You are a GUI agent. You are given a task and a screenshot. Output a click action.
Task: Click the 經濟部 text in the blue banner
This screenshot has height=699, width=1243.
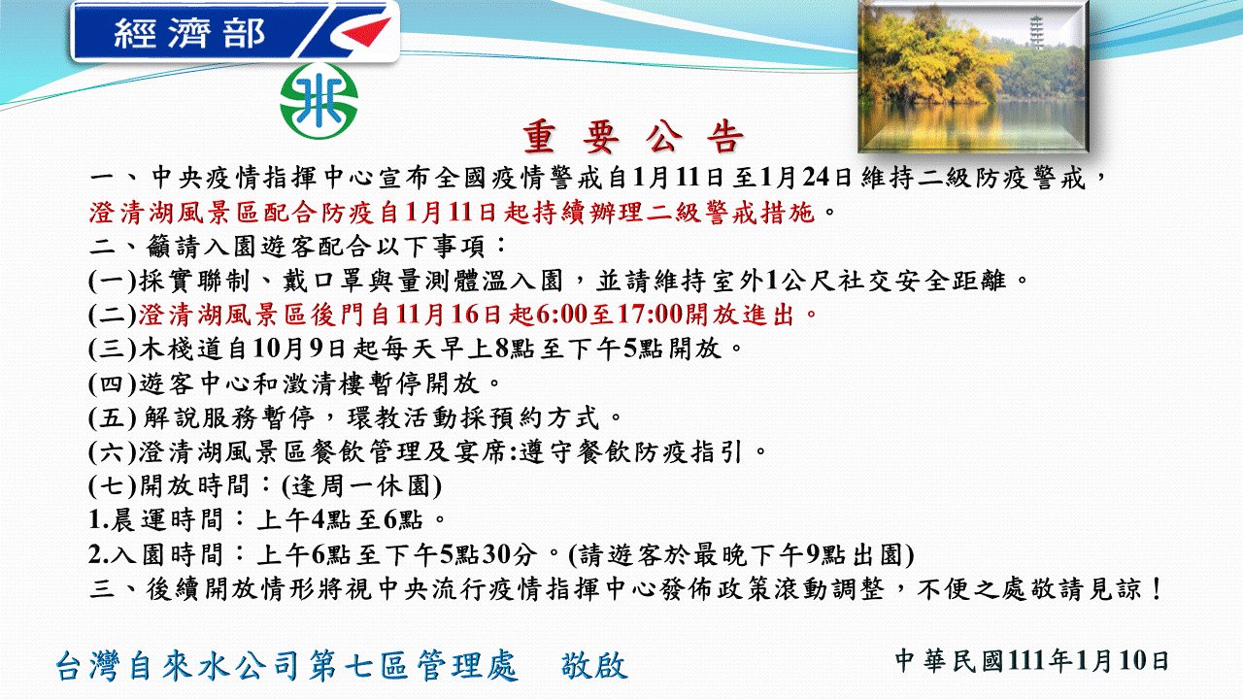(x=190, y=34)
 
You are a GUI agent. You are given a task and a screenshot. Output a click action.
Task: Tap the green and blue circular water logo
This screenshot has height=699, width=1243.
(x=319, y=100)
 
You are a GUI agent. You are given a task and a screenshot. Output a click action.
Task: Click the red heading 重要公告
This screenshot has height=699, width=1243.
(x=634, y=138)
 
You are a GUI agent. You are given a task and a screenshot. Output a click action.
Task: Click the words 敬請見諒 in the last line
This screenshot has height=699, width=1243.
(x=1098, y=588)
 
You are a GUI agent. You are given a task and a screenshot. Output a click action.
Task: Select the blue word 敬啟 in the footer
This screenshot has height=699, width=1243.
(x=594, y=666)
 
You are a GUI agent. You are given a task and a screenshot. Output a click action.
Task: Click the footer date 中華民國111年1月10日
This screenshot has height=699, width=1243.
(x=1031, y=661)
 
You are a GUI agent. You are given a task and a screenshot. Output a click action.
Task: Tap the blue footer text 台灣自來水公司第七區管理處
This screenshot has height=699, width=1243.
(x=287, y=666)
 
